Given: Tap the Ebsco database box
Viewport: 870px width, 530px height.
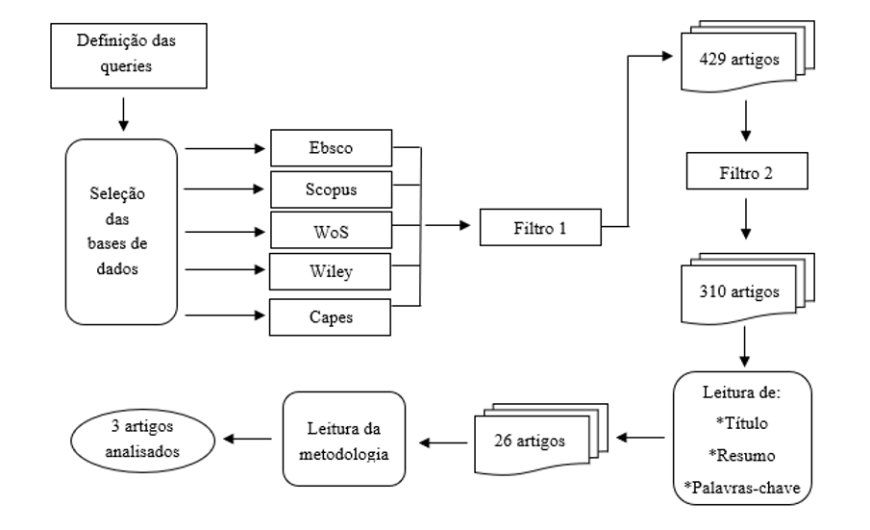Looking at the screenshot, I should pyautogui.click(x=330, y=149).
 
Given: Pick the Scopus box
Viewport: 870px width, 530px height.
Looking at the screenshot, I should pyautogui.click(x=330, y=189).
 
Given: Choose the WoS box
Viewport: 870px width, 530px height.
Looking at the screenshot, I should pyautogui.click(x=330, y=231).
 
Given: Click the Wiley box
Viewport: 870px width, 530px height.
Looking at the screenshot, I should pyautogui.click(x=330, y=272).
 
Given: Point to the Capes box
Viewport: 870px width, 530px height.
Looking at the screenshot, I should pyautogui.click(x=330, y=315).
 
